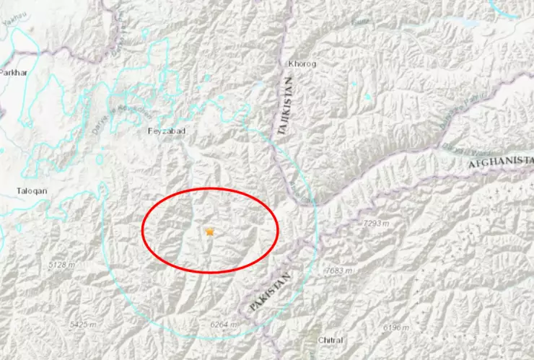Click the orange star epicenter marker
tap(210, 232)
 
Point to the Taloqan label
tap(31, 191)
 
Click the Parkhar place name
tap(12, 73)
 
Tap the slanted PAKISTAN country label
tap(271, 292)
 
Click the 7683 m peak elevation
tap(337, 271)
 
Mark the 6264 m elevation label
tap(223, 325)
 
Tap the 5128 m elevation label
tap(61, 265)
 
